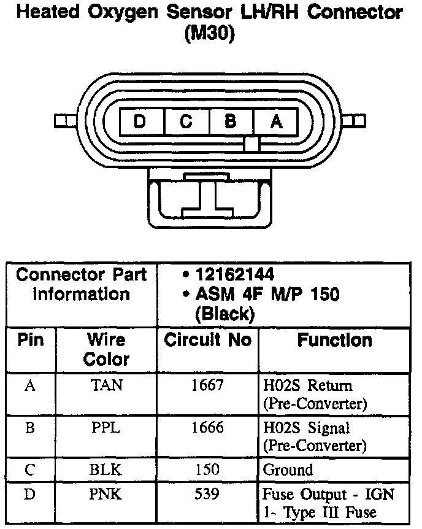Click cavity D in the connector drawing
point(140,121)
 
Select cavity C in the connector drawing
point(186,121)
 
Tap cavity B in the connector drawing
point(231,121)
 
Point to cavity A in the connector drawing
point(276,121)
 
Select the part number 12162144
point(234,274)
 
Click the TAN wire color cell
point(105,385)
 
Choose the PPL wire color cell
point(105,427)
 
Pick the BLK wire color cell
point(105,470)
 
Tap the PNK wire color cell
point(105,495)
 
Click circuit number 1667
point(207,385)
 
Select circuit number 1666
point(207,427)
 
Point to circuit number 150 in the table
point(207,470)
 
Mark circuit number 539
point(207,495)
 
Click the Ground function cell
point(288,470)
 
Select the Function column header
point(334,341)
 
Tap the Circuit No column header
point(207,341)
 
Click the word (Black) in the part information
point(224,315)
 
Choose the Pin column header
point(31,340)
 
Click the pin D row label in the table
point(29,495)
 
